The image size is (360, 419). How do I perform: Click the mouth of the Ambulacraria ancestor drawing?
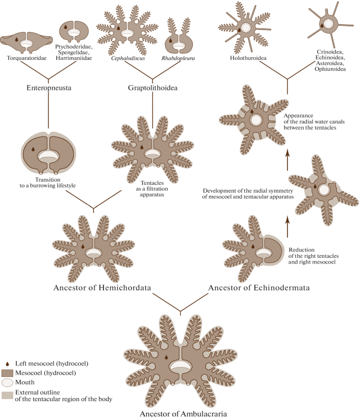180,365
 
